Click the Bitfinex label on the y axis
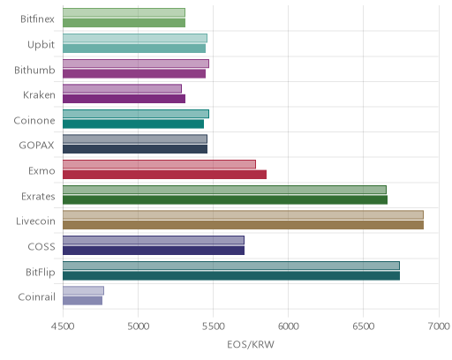37,19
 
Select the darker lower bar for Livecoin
243,225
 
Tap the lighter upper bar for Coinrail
83,290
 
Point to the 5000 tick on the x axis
139,326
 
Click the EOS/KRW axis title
251,344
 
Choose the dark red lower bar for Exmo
164,175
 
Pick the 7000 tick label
439,326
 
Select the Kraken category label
39,95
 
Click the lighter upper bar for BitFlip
231,266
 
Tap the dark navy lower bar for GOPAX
135,149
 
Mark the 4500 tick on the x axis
63,326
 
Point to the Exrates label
38,196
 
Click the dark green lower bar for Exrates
225,199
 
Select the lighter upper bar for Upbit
135,38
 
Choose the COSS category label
41,246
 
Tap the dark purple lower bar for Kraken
124,99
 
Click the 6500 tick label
363,326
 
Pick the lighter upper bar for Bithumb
136,64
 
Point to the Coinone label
34,120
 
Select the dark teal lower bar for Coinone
133,124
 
